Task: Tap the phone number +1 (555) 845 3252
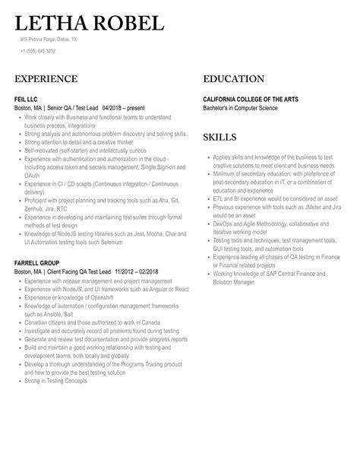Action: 38,51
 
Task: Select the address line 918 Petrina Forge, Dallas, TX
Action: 49,39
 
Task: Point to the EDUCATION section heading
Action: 234,79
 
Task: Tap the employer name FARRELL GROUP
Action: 37,263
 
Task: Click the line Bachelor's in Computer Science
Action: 240,108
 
